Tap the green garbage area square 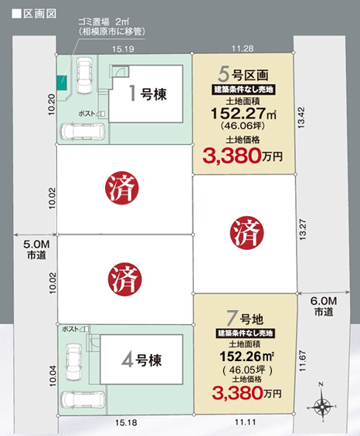(62, 83)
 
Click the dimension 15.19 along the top (123, 49)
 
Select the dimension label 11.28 (243, 49)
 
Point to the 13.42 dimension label (301, 117)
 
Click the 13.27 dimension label (303, 230)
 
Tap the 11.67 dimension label (303, 361)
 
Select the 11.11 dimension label (245, 422)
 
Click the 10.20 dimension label (52, 105)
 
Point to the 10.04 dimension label (53, 376)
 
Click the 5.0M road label (36, 250)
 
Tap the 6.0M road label (324, 306)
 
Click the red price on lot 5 (243, 157)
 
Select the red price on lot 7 (246, 393)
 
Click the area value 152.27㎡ (243, 113)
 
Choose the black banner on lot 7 (246, 333)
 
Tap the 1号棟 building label (148, 93)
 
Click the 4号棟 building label (141, 360)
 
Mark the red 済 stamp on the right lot (247, 233)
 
